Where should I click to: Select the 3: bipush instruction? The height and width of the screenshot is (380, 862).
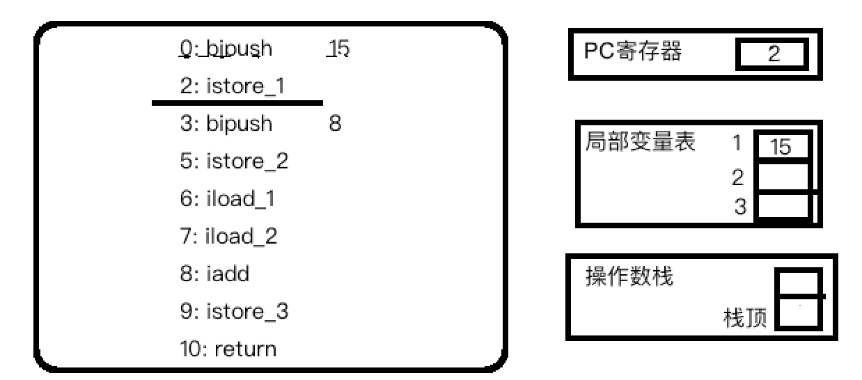[x=226, y=125]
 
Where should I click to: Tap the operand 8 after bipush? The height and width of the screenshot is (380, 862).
[x=335, y=125]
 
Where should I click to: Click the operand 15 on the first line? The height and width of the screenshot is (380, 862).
[x=339, y=49]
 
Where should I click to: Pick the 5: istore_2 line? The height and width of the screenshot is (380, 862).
[x=233, y=161]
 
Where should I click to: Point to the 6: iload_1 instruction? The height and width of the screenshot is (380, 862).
[x=227, y=199]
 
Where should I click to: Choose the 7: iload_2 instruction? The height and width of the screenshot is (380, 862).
[x=228, y=237]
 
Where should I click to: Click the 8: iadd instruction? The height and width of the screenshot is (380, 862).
[x=214, y=274]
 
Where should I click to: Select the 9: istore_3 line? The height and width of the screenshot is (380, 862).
[x=233, y=311]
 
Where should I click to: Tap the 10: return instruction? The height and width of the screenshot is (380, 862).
[x=227, y=349]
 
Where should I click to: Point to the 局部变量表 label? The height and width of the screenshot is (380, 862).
[x=641, y=143]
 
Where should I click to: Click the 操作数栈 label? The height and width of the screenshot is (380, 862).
[x=629, y=277]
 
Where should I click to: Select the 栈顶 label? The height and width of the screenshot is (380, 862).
[x=745, y=319]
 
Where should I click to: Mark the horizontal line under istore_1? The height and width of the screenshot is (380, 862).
[x=237, y=103]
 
